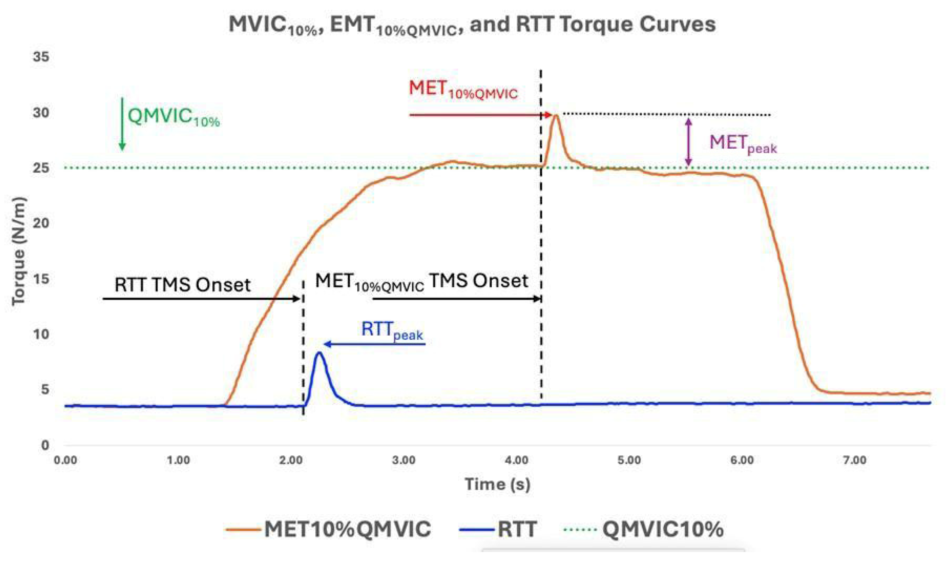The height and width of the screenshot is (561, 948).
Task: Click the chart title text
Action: pos(472,25)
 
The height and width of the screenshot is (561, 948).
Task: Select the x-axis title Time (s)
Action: pos(497,484)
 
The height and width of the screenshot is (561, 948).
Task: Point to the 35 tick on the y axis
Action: pos(41,57)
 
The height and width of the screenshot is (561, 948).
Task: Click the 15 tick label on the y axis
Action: pos(41,279)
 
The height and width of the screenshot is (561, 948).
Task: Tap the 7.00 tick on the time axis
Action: pos(855,460)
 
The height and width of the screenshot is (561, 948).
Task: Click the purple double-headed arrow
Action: pos(688,142)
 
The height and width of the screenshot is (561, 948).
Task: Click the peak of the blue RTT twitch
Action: pos(319,353)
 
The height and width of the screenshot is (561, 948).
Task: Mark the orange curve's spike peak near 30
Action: pos(556,115)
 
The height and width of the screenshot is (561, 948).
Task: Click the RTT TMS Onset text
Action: pos(182,285)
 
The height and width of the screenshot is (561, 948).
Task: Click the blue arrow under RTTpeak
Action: pos(374,344)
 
